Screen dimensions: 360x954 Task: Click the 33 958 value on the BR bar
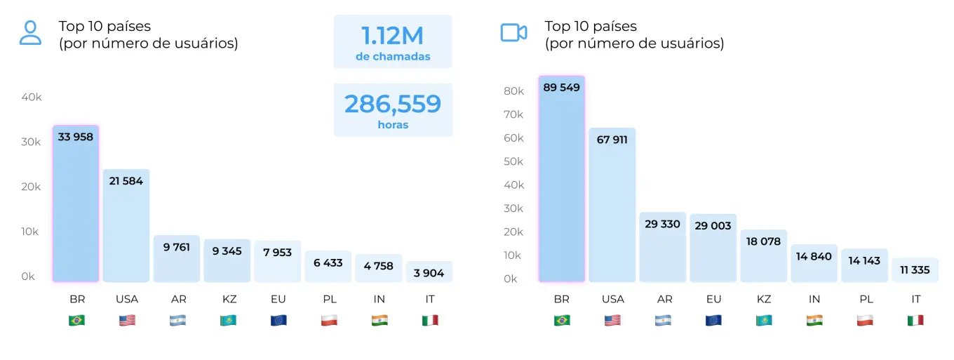click(76, 137)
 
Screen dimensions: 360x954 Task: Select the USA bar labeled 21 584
click(126, 225)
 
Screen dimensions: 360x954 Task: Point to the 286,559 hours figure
click(393, 104)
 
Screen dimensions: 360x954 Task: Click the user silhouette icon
click(30, 32)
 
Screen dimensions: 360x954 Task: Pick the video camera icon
click(513, 32)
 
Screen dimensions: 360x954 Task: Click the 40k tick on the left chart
click(32, 97)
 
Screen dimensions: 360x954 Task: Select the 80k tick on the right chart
click(514, 91)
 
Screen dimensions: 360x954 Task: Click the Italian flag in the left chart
click(429, 320)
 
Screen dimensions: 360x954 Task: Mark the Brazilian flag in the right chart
click(562, 320)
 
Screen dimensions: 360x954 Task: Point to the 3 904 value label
click(429, 273)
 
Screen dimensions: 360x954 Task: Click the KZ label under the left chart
click(227, 299)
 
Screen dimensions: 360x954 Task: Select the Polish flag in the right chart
click(865, 320)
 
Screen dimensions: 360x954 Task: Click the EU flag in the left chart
click(278, 320)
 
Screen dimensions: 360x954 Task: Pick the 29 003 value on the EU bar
click(713, 225)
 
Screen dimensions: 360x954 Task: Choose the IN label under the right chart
click(814, 299)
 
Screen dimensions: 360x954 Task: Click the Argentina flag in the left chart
click(177, 320)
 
